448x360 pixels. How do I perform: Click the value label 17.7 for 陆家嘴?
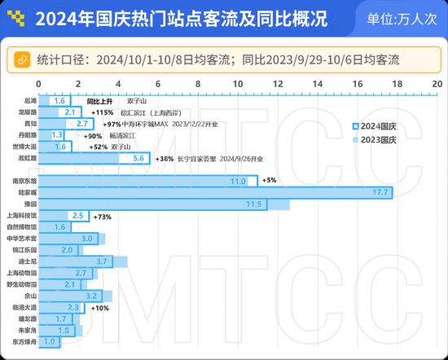(x=380, y=192)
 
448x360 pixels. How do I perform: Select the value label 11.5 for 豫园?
(x=253, y=204)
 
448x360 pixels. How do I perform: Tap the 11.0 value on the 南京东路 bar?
(x=239, y=181)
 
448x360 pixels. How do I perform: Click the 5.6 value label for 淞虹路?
(x=138, y=158)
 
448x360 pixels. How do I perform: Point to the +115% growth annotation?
(x=103, y=112)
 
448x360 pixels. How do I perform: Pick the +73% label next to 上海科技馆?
(x=103, y=216)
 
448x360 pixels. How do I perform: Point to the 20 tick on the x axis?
(x=437, y=84)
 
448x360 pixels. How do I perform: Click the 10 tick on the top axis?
(x=238, y=84)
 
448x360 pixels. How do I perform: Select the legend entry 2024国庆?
(x=379, y=126)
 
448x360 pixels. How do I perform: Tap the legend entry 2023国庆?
(x=379, y=140)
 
